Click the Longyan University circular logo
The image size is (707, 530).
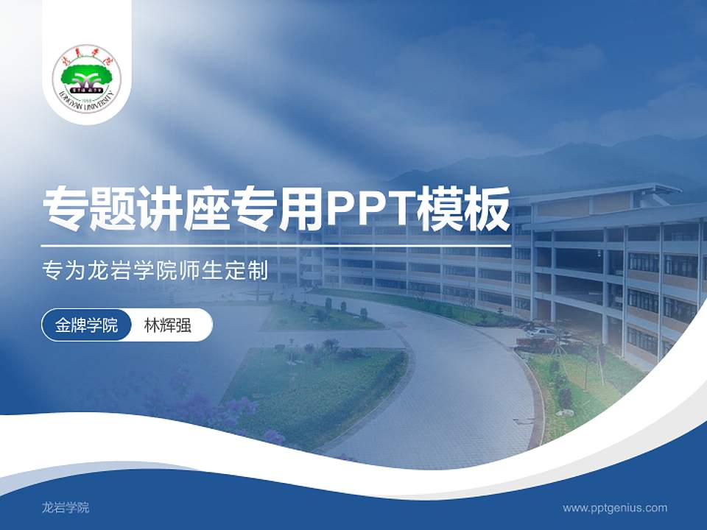click(87, 76)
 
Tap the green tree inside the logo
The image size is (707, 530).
click(87, 74)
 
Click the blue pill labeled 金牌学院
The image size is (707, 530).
click(87, 325)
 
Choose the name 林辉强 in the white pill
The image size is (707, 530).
click(168, 325)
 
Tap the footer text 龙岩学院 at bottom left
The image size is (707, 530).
click(66, 507)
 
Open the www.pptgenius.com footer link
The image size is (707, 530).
click(615, 507)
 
